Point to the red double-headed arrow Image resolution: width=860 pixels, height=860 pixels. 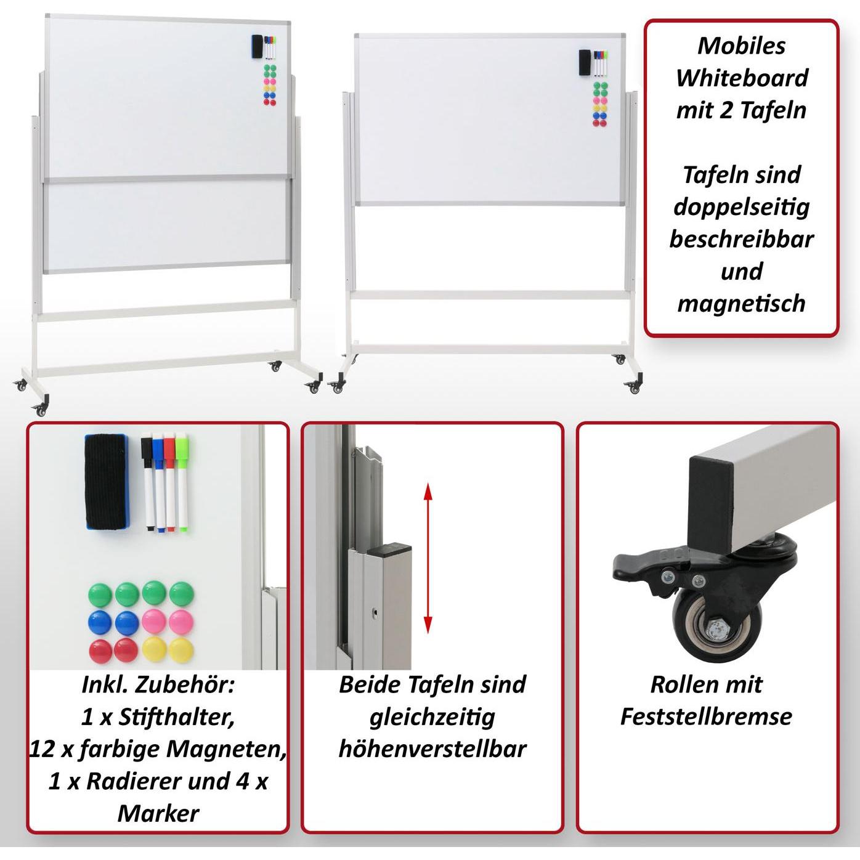[428, 558]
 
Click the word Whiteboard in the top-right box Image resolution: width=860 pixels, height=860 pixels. [741, 78]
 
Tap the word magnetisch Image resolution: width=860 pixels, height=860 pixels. [741, 303]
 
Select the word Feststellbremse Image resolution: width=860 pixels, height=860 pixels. [706, 716]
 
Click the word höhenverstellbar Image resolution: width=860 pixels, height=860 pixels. [432, 748]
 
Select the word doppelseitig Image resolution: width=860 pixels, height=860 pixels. [741, 206]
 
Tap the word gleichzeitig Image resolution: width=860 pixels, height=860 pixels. [432, 716]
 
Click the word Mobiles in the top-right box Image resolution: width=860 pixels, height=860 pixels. [741, 46]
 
